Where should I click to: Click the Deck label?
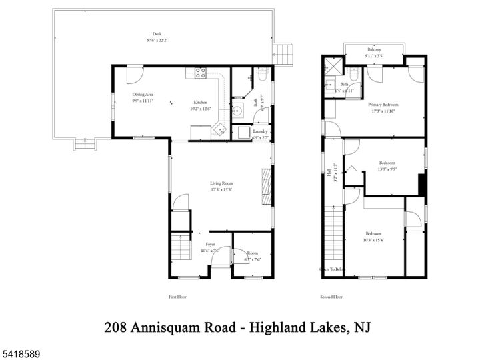[157, 34]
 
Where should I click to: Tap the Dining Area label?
[143, 95]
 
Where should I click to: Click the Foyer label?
[210, 244]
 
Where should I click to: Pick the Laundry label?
[260, 131]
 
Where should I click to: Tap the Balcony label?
[375, 49]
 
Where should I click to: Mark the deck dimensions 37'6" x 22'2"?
[157, 40]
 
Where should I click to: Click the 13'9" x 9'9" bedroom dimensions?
[387, 169]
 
